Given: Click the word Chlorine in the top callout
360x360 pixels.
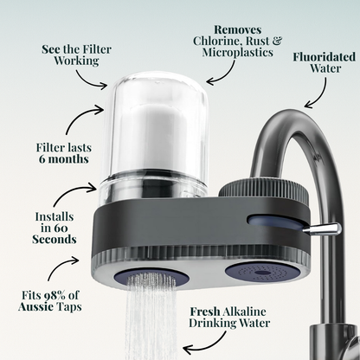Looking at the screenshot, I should [x=214, y=40].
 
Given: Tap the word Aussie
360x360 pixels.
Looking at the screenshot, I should [x=41, y=307].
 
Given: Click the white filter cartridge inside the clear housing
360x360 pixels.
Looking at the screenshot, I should [x=157, y=142].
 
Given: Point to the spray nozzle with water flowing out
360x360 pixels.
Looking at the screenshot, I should [x=154, y=278].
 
